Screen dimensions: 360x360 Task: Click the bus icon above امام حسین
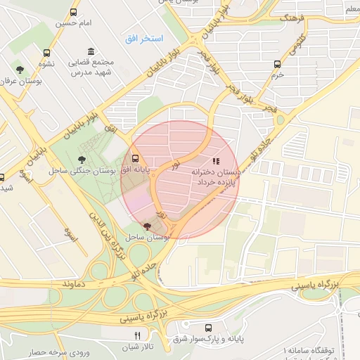coord(75,13)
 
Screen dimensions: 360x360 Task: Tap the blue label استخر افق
coord(144,38)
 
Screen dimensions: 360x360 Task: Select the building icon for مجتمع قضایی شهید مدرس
coord(91,51)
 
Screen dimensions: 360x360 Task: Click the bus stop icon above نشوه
coord(47,53)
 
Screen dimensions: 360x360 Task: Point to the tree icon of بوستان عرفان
coord(20,69)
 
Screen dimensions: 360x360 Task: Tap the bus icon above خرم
coord(277,63)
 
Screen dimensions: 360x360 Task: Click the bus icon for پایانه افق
coord(135,157)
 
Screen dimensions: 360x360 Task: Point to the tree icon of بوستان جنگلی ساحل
coord(82,159)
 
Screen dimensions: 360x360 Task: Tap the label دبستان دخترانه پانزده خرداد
coord(215,176)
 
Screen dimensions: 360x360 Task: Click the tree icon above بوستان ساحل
coord(146,226)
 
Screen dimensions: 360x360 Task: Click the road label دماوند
coord(78,284)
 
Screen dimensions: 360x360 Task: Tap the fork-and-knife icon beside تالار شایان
coord(138,335)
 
